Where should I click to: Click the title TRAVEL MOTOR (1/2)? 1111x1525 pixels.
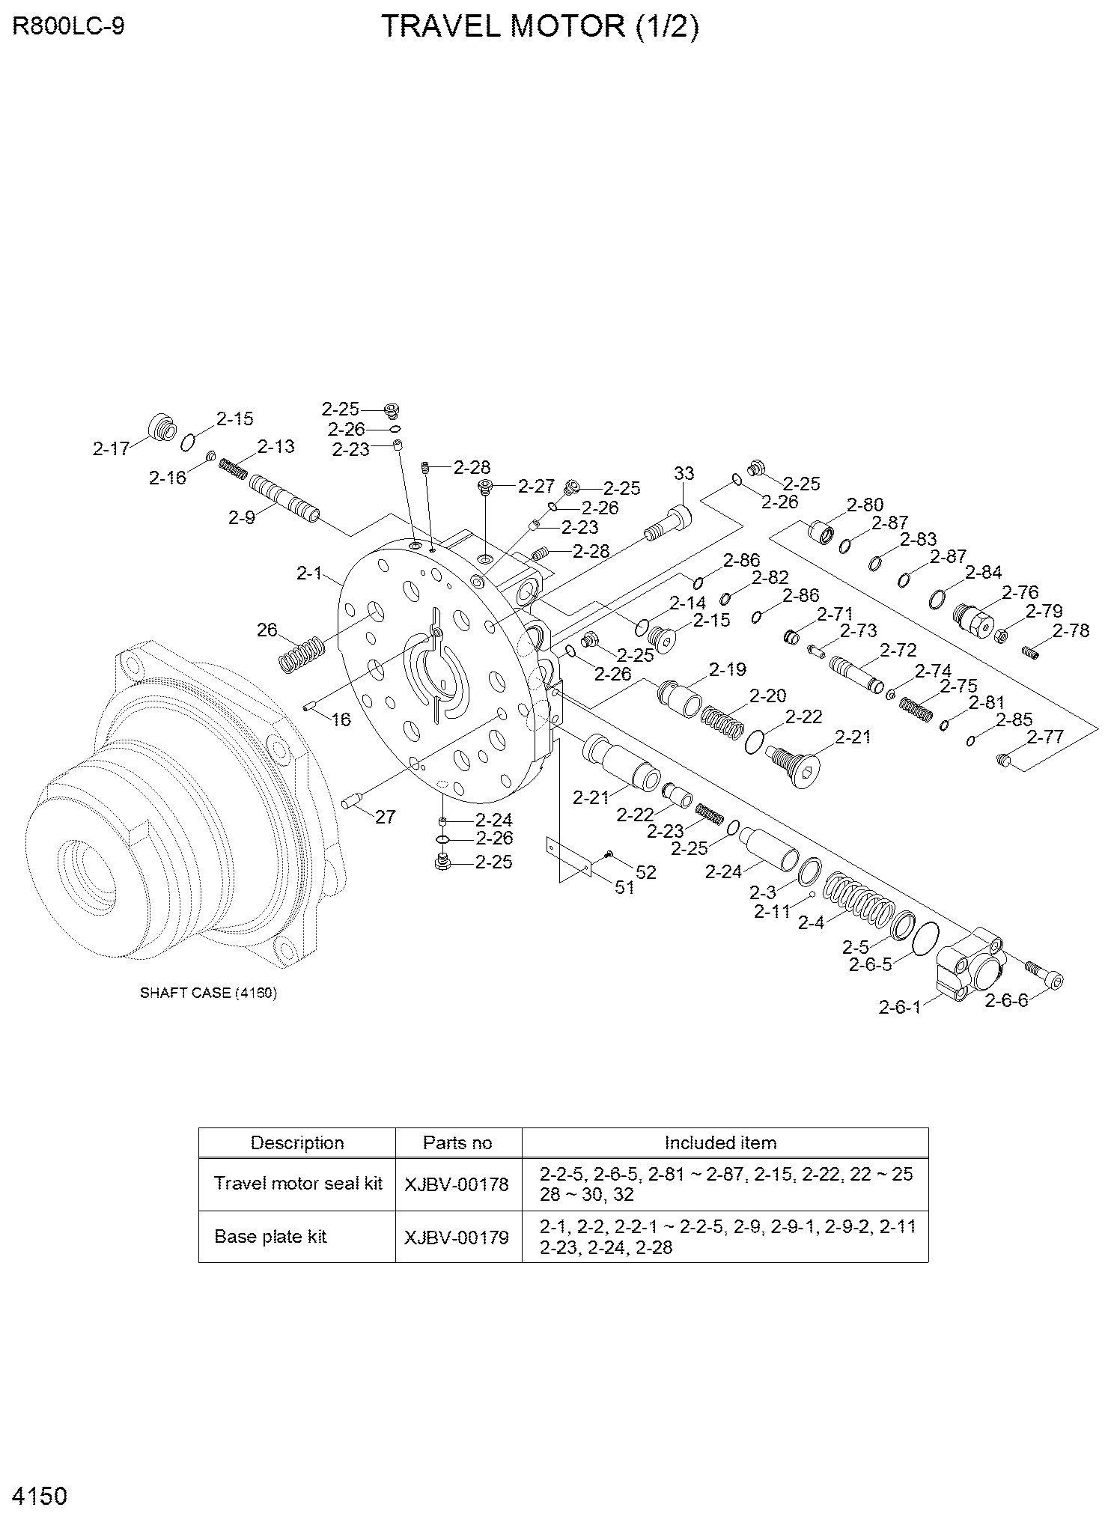tap(540, 28)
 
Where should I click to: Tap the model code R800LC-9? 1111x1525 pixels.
tap(69, 27)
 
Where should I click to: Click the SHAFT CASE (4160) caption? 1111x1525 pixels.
tap(209, 993)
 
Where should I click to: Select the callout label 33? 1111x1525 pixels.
tap(684, 474)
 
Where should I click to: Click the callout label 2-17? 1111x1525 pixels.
tap(111, 449)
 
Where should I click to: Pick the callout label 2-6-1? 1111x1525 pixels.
tap(899, 1008)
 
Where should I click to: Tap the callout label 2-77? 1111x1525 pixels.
tap(1045, 737)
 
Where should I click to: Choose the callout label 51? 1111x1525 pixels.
tap(624, 888)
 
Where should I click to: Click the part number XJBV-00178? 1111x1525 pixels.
tap(457, 1184)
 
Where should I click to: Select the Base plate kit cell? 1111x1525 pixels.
tap(270, 1236)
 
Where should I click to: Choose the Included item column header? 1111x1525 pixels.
tap(720, 1143)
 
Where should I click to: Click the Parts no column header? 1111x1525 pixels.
tap(457, 1143)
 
